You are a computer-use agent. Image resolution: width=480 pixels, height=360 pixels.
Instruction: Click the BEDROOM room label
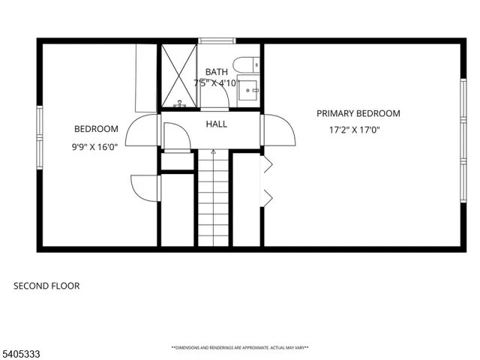(95, 128)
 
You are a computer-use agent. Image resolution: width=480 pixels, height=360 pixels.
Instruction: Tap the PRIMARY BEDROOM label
(358, 113)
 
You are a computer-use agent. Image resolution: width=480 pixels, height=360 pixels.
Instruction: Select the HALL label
(217, 124)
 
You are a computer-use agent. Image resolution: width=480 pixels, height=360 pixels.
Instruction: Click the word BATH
(217, 72)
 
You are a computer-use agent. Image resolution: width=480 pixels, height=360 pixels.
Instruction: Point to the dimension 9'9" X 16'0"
(94, 147)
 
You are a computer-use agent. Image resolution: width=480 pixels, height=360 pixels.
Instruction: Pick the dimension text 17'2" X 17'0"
(355, 130)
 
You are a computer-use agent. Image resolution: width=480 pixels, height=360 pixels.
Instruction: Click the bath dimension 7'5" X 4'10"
(217, 82)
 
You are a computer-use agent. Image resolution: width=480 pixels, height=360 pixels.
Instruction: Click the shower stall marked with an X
(179, 75)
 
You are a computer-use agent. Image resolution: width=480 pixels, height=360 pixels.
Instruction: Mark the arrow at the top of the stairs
(213, 152)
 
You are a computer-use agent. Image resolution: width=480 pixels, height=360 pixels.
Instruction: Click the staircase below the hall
(213, 199)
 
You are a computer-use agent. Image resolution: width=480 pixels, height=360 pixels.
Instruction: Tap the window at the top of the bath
(217, 40)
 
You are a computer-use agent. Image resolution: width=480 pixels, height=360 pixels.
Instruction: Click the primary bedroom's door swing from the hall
(277, 130)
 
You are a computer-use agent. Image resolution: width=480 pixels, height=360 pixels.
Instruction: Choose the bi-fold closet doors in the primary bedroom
(265, 181)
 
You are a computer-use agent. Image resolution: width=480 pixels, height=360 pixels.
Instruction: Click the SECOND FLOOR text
(46, 286)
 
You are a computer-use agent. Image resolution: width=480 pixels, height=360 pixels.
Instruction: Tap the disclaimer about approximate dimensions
(240, 348)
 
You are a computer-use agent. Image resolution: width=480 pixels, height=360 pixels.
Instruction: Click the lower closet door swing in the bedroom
(145, 187)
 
